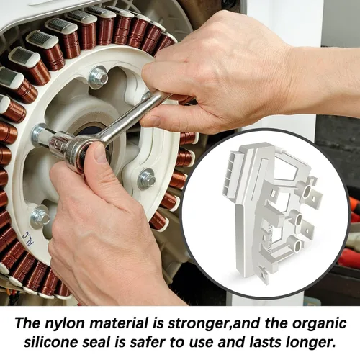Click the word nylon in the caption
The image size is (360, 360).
click(65, 324)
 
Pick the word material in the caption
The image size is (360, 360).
click(119, 324)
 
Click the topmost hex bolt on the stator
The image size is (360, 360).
click(99, 77)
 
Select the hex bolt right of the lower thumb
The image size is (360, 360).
click(147, 179)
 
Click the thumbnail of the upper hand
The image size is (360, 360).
click(152, 121)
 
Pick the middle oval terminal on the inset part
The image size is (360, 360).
click(300, 219)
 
